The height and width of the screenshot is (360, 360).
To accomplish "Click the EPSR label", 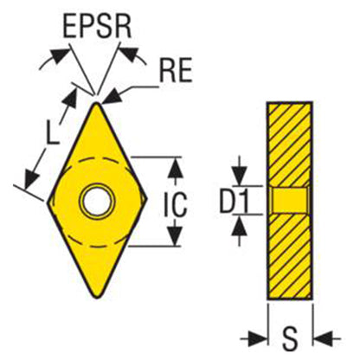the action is [x=97, y=27].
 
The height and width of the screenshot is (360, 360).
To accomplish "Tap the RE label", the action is [x=176, y=70].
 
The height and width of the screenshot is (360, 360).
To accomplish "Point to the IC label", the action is [x=176, y=204].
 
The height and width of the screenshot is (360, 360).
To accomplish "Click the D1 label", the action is [x=234, y=201].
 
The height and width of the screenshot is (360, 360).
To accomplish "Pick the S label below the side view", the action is [x=289, y=338].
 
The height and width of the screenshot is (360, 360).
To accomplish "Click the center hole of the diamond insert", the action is [x=98, y=200].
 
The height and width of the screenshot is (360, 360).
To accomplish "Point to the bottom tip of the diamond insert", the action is [x=97, y=297].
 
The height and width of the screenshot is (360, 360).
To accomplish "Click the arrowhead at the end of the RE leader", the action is [x=112, y=96].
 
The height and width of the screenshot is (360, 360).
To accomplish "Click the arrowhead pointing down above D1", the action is [x=240, y=176].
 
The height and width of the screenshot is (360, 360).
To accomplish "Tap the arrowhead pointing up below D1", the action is [x=240, y=226].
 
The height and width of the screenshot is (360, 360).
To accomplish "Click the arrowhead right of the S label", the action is [x=323, y=339].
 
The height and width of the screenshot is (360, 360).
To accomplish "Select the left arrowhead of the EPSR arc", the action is [x=61, y=55].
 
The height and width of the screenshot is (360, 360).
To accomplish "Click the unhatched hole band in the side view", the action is [x=290, y=201].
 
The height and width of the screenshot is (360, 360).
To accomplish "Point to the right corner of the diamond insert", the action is [x=147, y=198].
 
